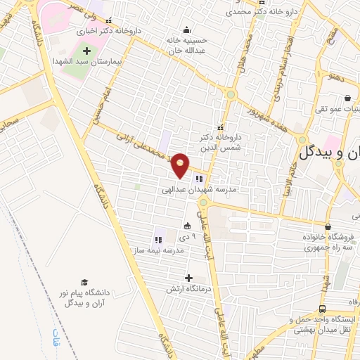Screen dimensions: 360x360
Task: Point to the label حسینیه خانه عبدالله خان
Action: [188, 45]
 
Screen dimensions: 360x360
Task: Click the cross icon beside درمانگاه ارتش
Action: [188, 278]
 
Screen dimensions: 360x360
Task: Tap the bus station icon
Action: [322, 309]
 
